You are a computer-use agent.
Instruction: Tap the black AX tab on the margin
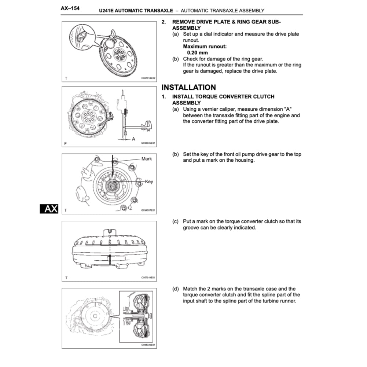pyautogui.click(x=49, y=209)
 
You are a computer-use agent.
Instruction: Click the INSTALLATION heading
pyautogui.click(x=188, y=87)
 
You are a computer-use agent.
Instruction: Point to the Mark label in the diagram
pyautogui.click(x=146, y=159)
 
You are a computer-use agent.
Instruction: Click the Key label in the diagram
pyautogui.click(x=149, y=181)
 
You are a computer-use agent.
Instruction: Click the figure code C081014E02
pyautogui.click(x=148, y=78)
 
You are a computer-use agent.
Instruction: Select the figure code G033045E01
pyautogui.click(x=148, y=143)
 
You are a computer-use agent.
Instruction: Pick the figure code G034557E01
pyautogui.click(x=148, y=210)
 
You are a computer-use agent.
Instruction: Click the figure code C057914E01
pyautogui.click(x=148, y=278)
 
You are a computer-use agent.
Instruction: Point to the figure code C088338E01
pyautogui.click(x=148, y=345)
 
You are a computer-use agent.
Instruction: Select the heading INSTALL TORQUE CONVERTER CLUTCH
pyautogui.click(x=223, y=97)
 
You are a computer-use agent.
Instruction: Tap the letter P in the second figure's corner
pyautogui.click(x=65, y=143)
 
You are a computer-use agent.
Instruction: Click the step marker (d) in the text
pyautogui.click(x=176, y=289)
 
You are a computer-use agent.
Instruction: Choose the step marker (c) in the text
pyautogui.click(x=176, y=221)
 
